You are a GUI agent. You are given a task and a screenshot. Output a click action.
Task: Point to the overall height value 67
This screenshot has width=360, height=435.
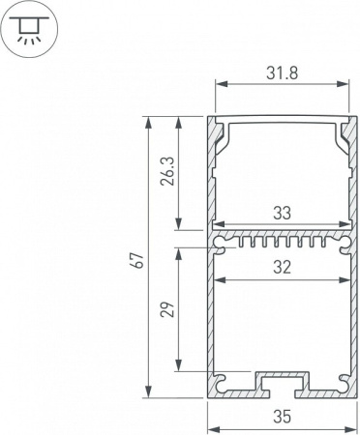(x=136, y=260)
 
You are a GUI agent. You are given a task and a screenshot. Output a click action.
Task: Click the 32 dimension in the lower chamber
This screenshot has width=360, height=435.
(x=281, y=270)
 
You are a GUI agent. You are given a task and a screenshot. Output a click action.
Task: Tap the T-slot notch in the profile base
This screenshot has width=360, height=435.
(x=281, y=384)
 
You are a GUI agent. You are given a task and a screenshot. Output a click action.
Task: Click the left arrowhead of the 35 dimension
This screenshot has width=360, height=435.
(x=213, y=407)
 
